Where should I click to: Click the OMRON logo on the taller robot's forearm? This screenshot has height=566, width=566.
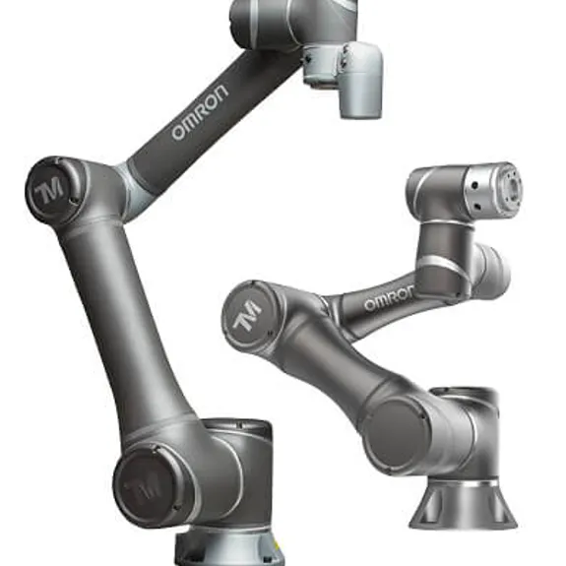(200, 112)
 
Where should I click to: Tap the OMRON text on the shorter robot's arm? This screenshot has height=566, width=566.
(389, 299)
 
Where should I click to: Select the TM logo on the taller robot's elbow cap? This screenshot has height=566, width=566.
(51, 191)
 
